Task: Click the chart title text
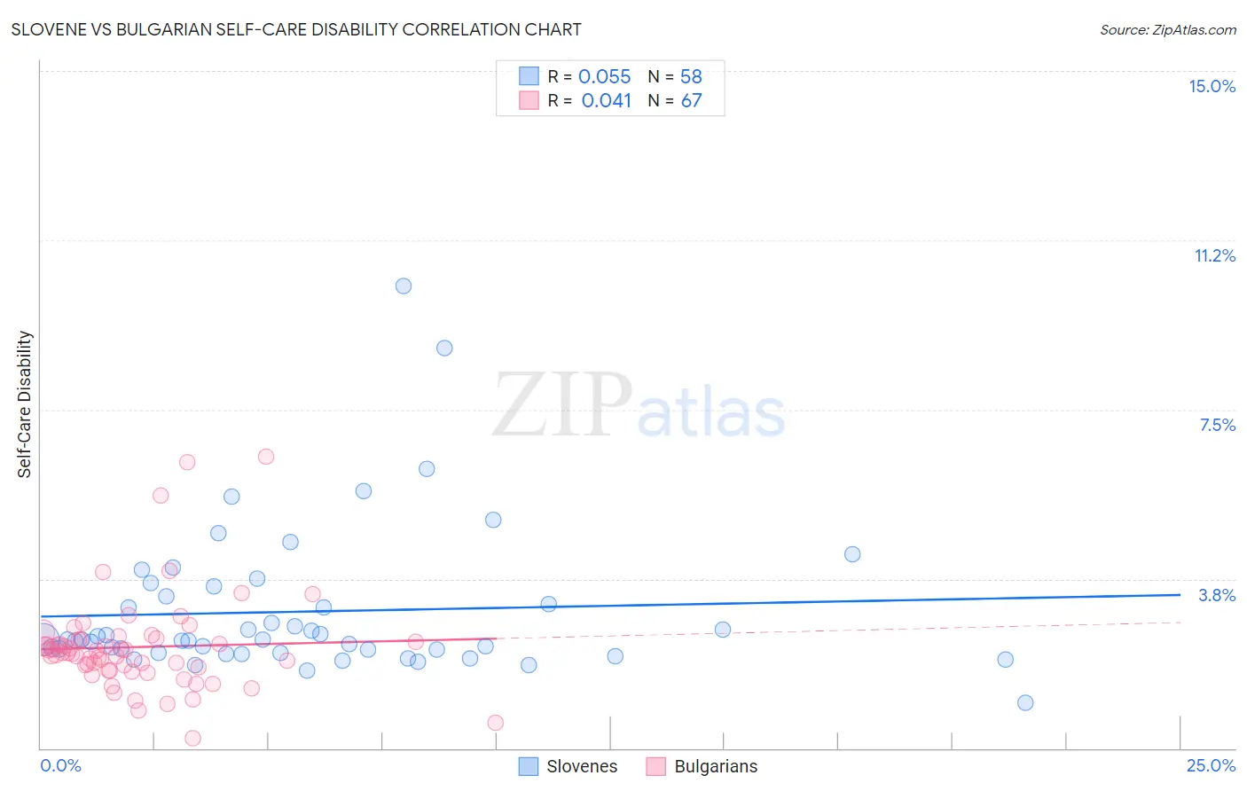pos(297,29)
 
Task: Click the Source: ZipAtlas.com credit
pos(1167,29)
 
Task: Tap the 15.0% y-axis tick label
pos(1212,86)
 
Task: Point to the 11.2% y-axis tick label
pos(1214,255)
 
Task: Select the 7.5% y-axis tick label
pos(1217,425)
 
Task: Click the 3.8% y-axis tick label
pos(1217,595)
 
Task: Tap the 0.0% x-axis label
pos(60,765)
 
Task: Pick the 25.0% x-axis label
pos(1211,765)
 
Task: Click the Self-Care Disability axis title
pos(25,404)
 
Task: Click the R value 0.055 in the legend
pos(604,77)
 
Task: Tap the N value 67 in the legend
pos(691,101)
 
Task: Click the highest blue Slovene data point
pos(404,286)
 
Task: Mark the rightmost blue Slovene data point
pos(1025,702)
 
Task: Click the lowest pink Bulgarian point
pos(192,738)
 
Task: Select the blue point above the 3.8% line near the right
pos(852,554)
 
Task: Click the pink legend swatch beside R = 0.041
pos(529,100)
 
